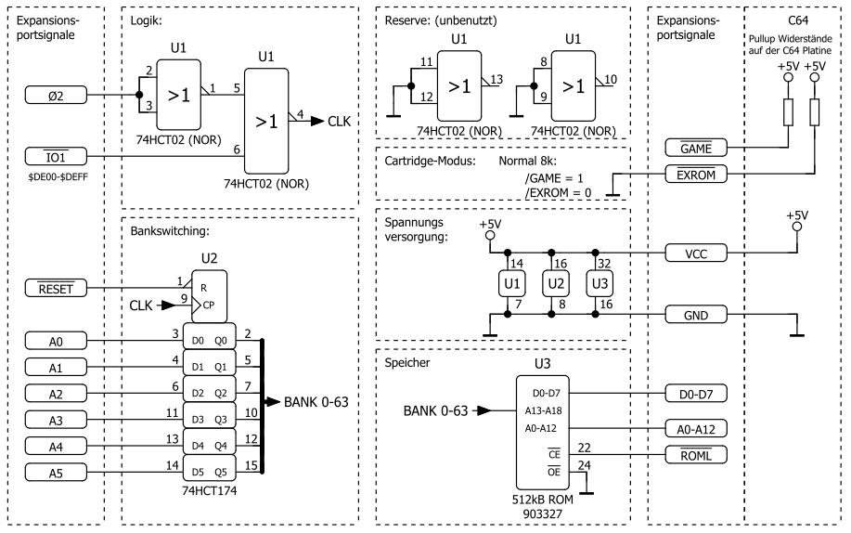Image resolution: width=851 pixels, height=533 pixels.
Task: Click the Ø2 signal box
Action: click(x=57, y=96)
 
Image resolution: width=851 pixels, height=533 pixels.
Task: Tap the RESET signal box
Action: click(x=57, y=290)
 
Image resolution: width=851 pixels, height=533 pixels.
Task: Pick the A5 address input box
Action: click(x=57, y=474)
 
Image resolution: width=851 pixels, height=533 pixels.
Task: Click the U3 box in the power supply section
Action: click(x=600, y=281)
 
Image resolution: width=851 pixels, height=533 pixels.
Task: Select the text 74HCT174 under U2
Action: click(x=210, y=491)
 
